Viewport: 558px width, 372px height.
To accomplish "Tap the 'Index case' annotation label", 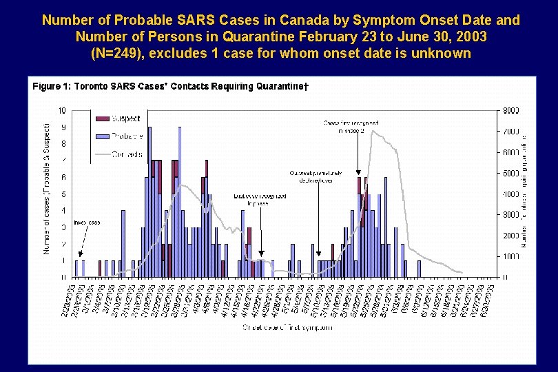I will coord(87,223).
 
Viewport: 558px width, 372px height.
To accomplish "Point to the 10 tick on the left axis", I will coord(62,110).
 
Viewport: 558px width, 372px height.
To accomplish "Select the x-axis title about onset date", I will coord(287,327).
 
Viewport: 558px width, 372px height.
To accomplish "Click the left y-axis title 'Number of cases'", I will coord(47,189).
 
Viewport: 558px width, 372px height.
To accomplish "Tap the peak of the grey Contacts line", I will coord(373,130).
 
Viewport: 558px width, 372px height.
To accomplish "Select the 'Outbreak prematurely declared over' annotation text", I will coord(316,177).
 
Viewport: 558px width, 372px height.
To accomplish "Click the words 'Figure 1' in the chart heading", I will coord(51,86).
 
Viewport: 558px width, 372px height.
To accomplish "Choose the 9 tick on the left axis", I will coord(63,127).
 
